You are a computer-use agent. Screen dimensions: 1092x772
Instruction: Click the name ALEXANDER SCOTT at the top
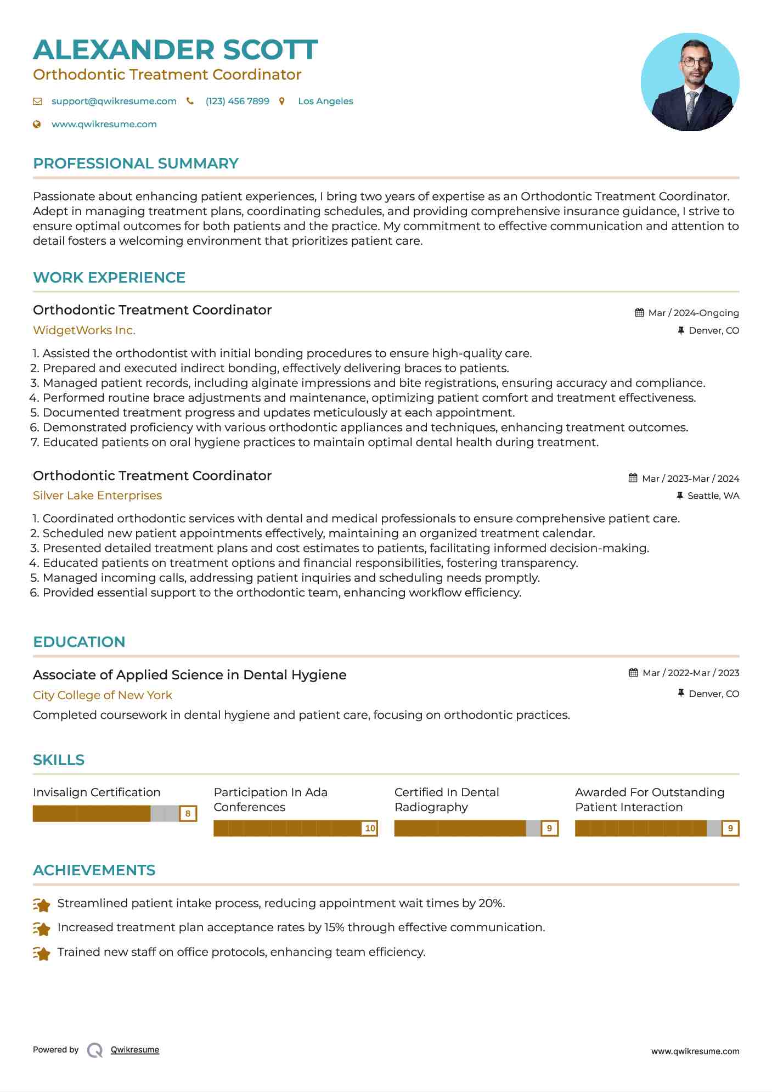coord(176,50)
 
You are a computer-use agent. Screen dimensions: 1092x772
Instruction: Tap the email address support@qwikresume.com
coord(114,102)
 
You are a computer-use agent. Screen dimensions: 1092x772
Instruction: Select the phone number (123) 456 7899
coord(237,102)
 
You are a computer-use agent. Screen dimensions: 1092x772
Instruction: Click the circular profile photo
coord(690,82)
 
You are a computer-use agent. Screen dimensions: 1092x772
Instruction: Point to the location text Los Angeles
coord(325,102)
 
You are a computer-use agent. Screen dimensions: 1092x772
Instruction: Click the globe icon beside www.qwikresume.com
coord(37,125)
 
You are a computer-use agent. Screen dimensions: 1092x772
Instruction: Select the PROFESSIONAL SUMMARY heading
coord(136,164)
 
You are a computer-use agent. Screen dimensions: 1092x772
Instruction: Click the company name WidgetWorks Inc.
coord(84,330)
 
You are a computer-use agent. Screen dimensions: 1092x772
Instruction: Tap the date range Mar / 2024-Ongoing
coord(693,313)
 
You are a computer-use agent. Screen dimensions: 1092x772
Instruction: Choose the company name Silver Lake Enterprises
coord(97,496)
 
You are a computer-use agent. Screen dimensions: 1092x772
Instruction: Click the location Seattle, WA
coord(713,496)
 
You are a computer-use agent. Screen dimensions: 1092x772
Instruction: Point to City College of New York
coord(102,695)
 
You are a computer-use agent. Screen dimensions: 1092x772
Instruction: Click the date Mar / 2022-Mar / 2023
coord(690,673)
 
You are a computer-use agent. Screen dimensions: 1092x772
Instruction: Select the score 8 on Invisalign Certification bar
coord(188,814)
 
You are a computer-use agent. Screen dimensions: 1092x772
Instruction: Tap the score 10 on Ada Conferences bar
coord(370,829)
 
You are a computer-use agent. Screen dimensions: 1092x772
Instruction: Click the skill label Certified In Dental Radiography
coord(446,800)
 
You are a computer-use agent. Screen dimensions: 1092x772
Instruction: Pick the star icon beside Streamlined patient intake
coord(42,904)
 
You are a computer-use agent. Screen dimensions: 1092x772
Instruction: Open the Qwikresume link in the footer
coord(134,1050)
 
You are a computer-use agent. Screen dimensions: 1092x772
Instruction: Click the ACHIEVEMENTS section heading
coord(94,870)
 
